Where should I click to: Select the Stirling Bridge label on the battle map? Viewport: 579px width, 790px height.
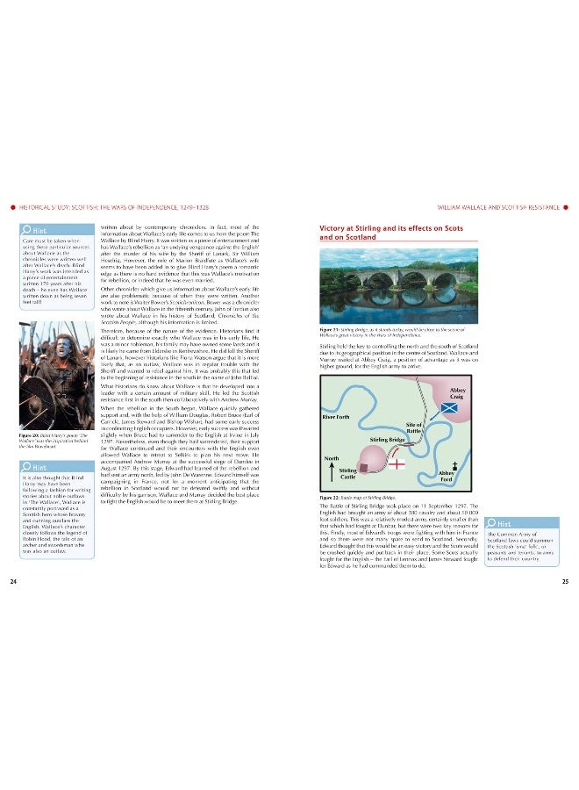(386, 438)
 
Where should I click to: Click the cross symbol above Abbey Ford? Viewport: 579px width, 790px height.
(454, 462)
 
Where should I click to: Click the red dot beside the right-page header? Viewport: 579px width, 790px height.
(567, 208)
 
